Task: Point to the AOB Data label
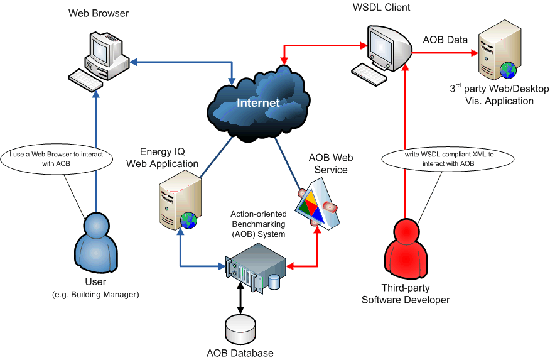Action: pyautogui.click(x=445, y=40)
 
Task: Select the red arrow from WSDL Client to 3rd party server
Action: pyautogui.click(x=443, y=54)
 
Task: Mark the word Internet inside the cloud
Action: pyautogui.click(x=258, y=102)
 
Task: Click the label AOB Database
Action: pyautogui.click(x=240, y=353)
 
